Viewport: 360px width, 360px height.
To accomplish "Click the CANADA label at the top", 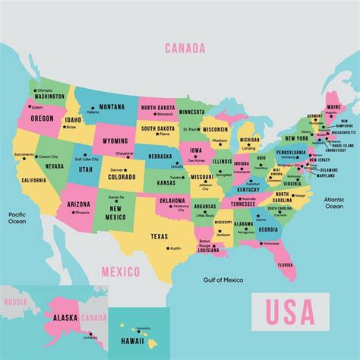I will (185, 49).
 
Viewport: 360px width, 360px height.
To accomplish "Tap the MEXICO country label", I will (121, 272).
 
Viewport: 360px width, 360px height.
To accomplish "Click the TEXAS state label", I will (159, 236).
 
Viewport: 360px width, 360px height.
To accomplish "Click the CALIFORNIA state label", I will (33, 180).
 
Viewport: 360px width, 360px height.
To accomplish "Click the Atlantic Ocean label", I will (334, 203).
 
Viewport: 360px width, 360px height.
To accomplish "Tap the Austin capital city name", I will (175, 248).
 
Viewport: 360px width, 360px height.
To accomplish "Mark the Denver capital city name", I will (117, 169).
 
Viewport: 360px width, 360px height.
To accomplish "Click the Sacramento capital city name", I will (24, 155).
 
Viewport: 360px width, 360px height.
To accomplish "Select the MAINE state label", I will (332, 107).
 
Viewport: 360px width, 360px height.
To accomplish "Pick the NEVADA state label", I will (55, 166).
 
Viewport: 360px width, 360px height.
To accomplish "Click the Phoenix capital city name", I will (82, 212).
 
